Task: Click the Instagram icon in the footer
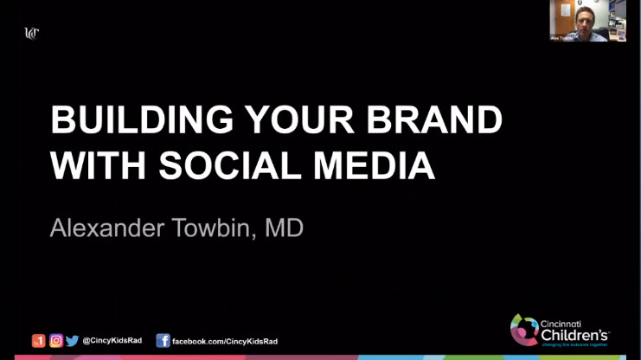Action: click(56, 341)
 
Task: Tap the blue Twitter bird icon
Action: click(72, 341)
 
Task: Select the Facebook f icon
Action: click(163, 341)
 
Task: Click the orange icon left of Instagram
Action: click(39, 341)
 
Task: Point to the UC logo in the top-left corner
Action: click(32, 34)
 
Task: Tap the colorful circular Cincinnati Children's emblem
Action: click(523, 329)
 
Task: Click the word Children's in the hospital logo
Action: click(575, 333)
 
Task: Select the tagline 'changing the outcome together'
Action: click(575, 344)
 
